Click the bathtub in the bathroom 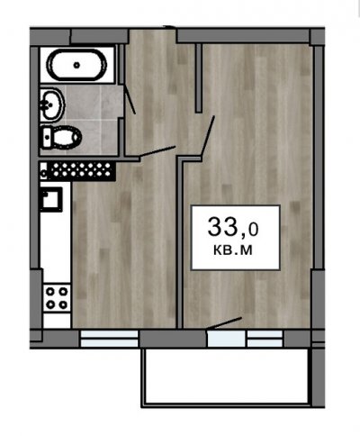[77, 65]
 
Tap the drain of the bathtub [76, 65]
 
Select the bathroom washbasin [52, 104]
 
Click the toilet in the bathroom [61, 137]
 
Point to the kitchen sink [51, 199]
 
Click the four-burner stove [57, 298]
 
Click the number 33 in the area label [222, 226]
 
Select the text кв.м [233, 250]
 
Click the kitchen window [109, 339]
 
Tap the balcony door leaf [224, 322]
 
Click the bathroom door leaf [130, 99]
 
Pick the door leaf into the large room [208, 135]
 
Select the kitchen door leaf [157, 151]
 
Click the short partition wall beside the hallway [198, 78]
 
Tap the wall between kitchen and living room [180, 241]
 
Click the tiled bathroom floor [94, 120]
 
